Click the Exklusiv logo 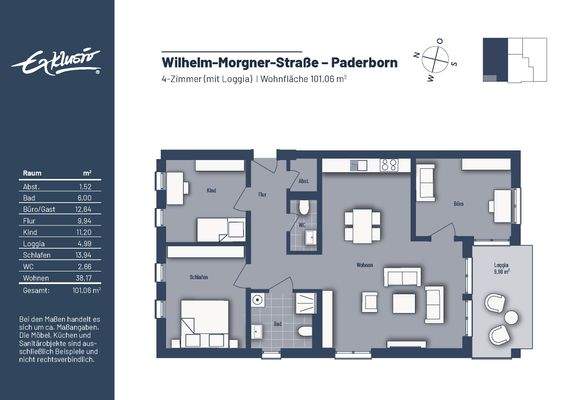[x=56, y=64]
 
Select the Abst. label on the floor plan [x=303, y=181]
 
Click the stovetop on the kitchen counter [x=386, y=166]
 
